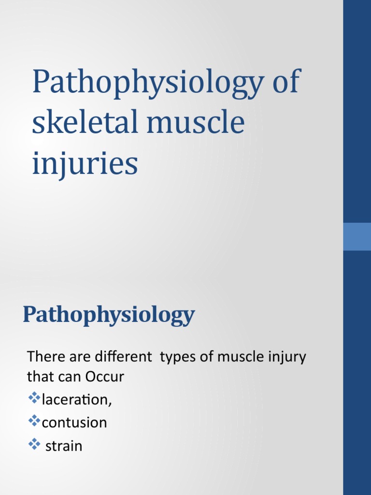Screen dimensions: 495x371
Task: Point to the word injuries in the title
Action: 85,163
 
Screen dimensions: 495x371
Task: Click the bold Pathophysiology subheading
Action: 109,315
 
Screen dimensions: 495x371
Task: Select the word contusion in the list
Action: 74,423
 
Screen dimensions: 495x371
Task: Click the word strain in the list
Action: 64,446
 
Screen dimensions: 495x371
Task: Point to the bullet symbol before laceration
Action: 34,399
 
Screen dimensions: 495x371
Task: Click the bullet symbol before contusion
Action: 34,422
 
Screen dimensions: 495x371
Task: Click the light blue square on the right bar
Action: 357,236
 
